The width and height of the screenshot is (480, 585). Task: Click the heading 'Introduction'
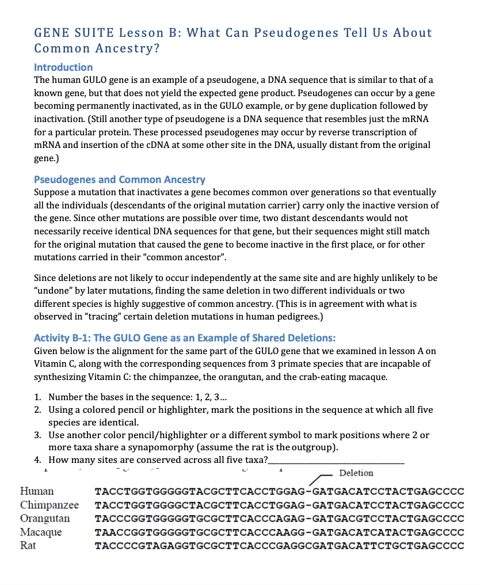63,67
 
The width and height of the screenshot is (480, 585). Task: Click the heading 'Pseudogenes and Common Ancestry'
120,180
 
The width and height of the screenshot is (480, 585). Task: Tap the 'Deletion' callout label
356,473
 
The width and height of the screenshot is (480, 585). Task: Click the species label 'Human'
37,491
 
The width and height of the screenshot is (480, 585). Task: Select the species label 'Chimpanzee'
49,505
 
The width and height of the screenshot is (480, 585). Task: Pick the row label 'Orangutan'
45,518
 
